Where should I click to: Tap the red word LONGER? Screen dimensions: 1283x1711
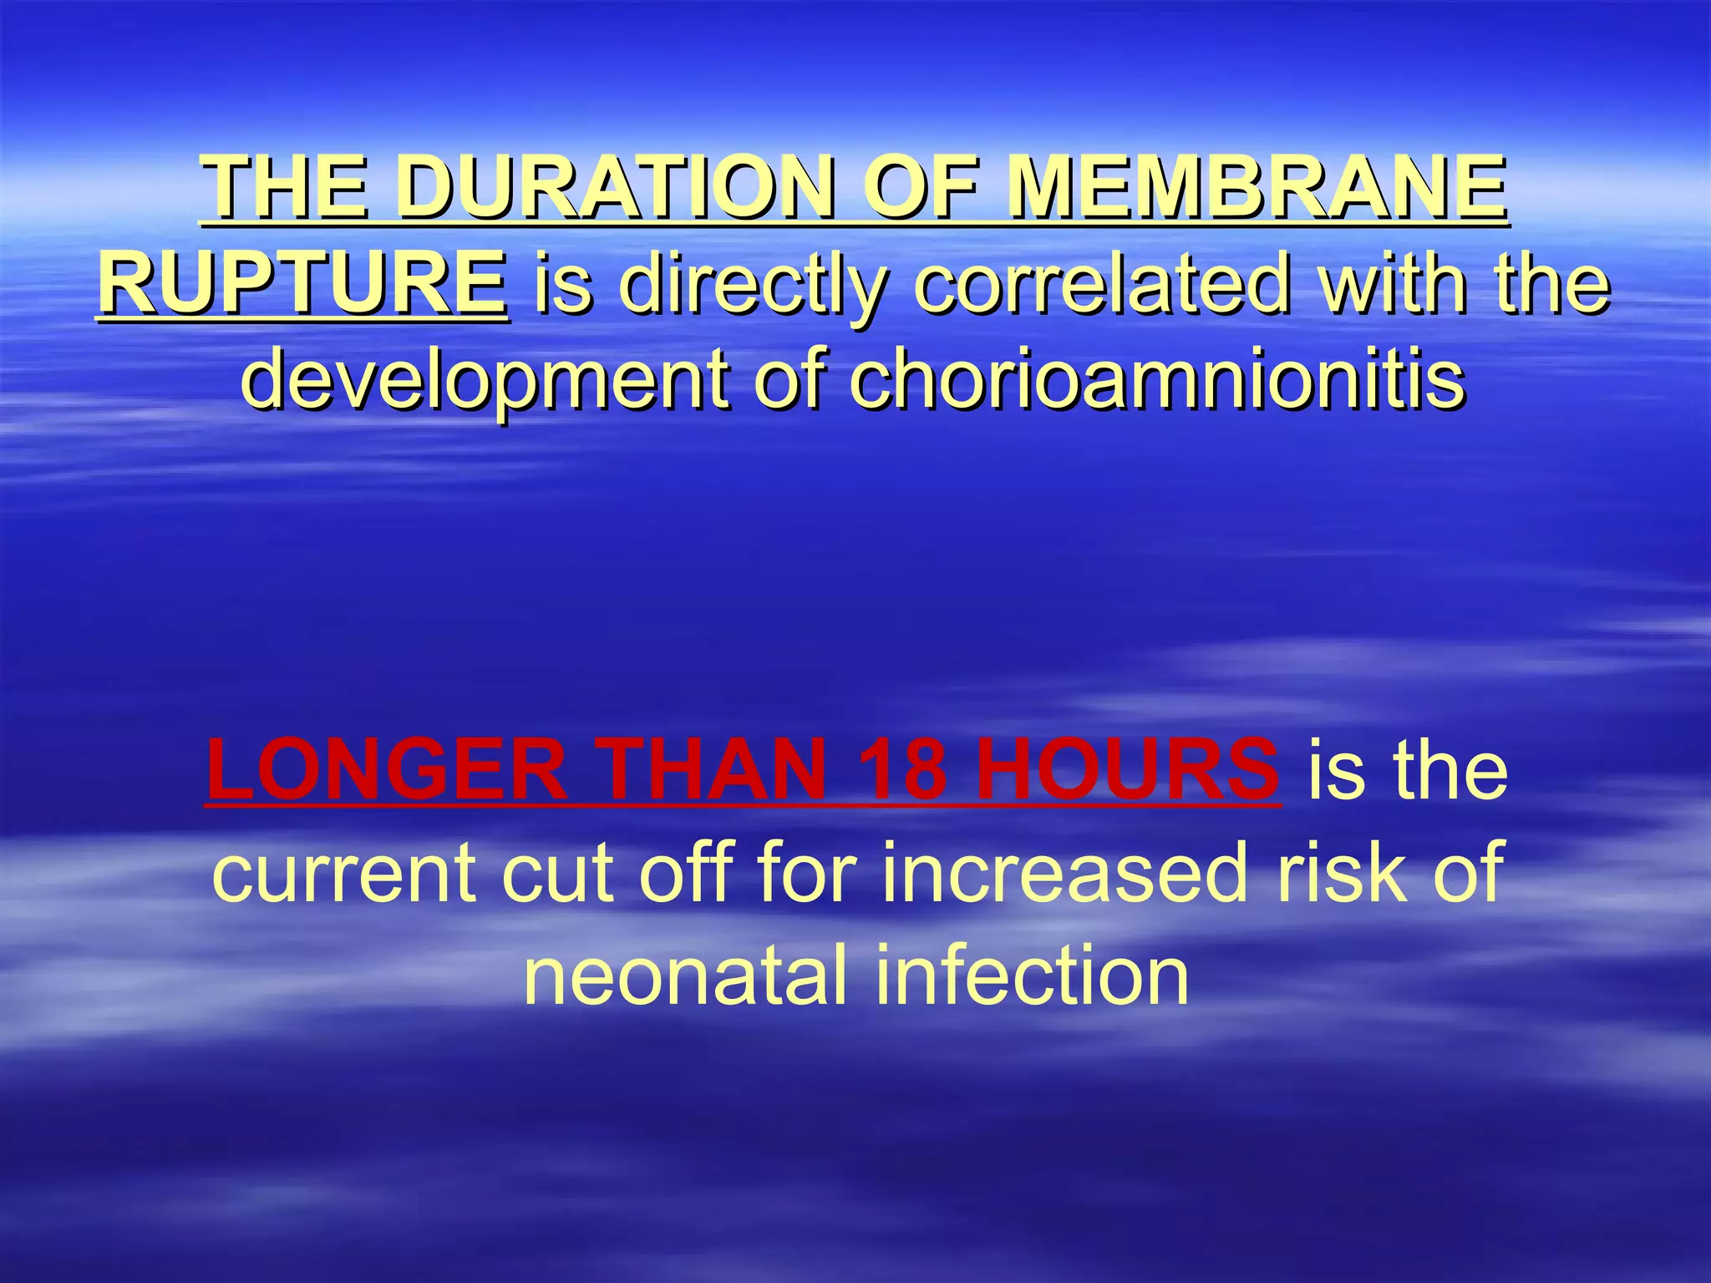(387, 770)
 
